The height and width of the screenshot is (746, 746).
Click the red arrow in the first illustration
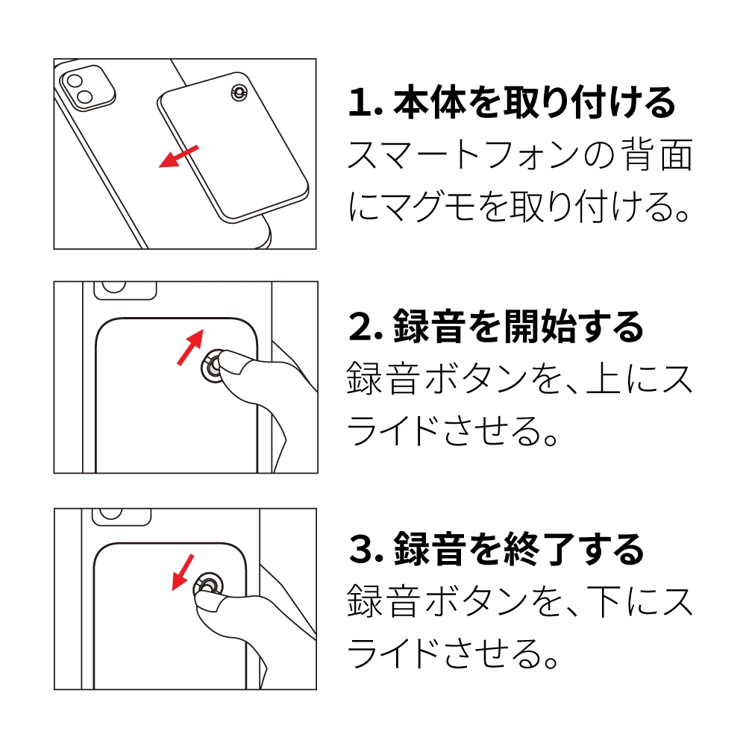coord(179,157)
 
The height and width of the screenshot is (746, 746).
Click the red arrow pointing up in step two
coord(189,348)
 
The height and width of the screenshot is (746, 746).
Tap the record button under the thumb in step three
coord(208,586)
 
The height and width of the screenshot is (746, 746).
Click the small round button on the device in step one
coord(239,93)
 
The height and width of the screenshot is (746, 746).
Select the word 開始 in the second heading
coord(545,327)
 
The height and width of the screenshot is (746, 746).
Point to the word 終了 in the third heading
coord(545,550)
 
